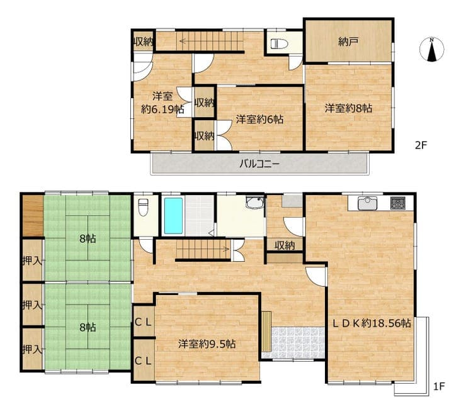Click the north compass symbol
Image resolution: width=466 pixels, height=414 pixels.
(x=432, y=49)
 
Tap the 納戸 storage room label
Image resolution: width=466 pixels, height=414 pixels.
(x=348, y=42)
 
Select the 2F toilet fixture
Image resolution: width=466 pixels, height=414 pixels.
(x=279, y=44)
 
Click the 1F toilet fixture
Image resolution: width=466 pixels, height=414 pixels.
(x=143, y=207)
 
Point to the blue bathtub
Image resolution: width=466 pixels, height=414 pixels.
(x=174, y=216)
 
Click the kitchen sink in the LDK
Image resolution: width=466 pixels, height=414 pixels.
(x=367, y=203)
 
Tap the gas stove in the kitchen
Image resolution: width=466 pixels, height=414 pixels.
(x=397, y=203)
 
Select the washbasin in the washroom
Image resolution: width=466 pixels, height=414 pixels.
(x=255, y=202)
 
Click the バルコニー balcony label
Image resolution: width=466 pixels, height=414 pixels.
(x=259, y=164)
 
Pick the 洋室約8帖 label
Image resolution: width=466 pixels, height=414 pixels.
(x=348, y=108)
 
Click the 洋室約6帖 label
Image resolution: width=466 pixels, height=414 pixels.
(x=259, y=120)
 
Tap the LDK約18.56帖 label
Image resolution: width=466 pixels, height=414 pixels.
(x=372, y=323)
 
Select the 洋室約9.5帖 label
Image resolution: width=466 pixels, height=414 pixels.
(x=207, y=344)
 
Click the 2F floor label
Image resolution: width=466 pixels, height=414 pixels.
(x=421, y=145)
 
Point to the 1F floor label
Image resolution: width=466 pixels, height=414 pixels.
(x=438, y=386)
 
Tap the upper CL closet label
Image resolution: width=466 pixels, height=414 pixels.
(x=143, y=322)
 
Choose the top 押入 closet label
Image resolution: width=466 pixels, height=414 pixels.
(x=32, y=260)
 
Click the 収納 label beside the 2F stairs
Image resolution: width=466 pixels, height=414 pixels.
(x=143, y=42)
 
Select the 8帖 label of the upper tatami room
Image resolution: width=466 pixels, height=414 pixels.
(x=88, y=238)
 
